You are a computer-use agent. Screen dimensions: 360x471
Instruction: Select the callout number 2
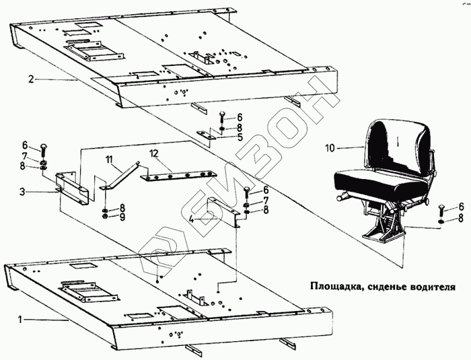31,79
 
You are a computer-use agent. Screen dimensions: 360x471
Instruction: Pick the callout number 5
240,137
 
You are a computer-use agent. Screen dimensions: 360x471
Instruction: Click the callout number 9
122,217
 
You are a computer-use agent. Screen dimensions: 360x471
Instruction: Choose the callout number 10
329,146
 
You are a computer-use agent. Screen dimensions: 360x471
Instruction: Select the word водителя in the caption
428,285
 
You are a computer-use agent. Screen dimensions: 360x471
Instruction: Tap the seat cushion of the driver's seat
377,180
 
